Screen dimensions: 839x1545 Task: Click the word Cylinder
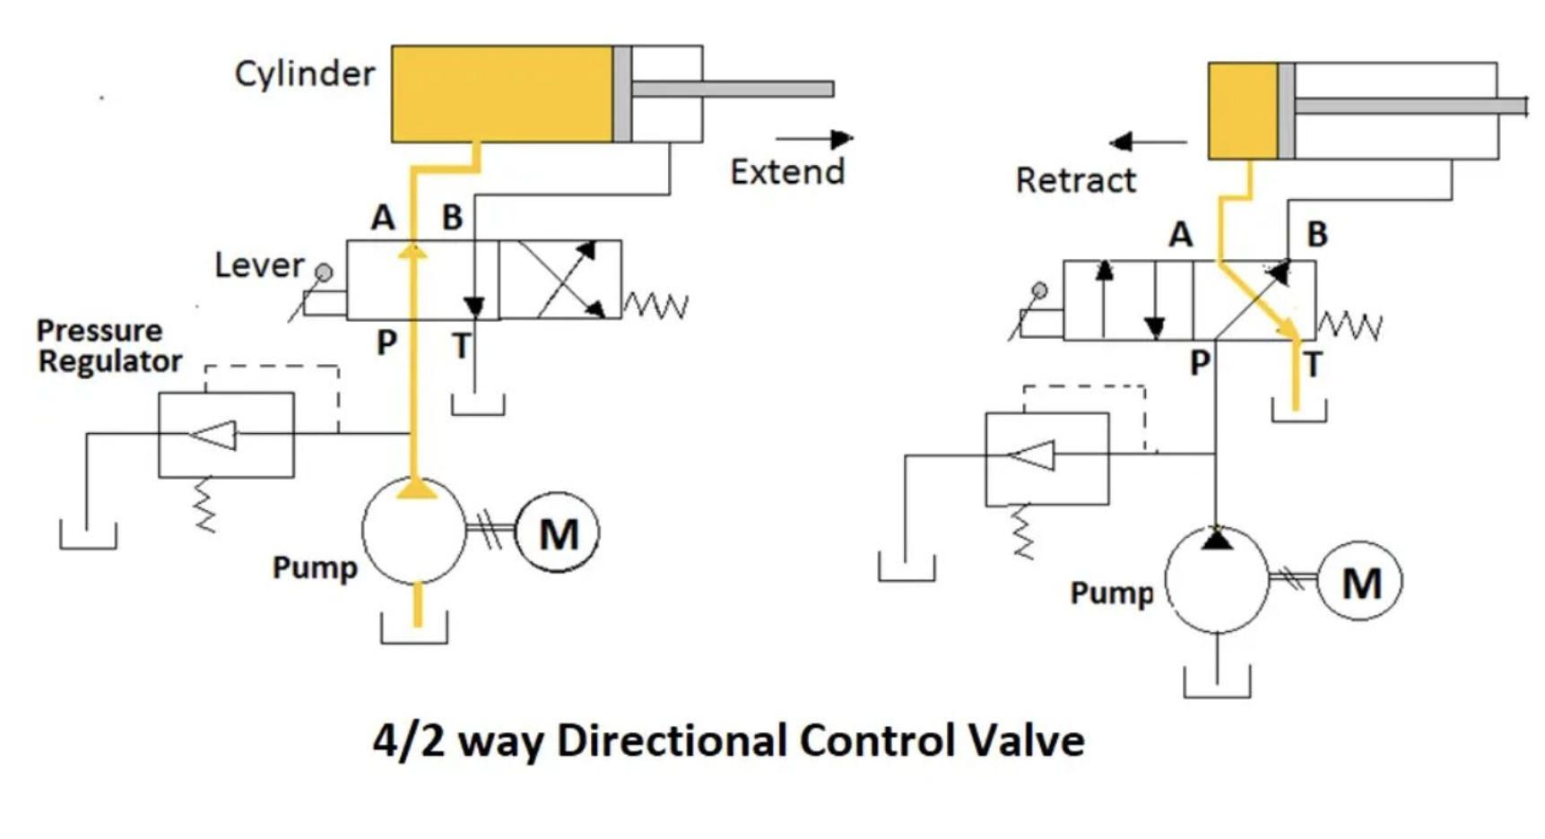pos(304,74)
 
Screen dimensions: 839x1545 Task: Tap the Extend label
pos(787,171)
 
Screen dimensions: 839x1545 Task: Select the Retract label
pos(1075,180)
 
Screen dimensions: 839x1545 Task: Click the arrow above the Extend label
pos(814,139)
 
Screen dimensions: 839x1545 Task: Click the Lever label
pos(259,265)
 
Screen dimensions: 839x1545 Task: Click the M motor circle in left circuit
pos(558,533)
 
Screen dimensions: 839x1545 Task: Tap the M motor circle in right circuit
pos(1360,583)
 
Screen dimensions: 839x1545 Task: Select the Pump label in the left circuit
pos(315,567)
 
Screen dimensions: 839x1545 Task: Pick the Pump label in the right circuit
pos(1112,592)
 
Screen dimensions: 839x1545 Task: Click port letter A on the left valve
pos(383,218)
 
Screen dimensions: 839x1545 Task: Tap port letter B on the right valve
pos(1316,235)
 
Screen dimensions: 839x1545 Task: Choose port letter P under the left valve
pos(386,342)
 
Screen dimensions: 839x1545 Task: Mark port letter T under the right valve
pos(1313,365)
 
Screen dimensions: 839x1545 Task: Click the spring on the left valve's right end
pos(655,307)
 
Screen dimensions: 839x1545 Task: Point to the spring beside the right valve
pos(1350,326)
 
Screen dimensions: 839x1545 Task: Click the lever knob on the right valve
pos(1039,290)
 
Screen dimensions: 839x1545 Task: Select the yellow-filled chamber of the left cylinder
pos(502,94)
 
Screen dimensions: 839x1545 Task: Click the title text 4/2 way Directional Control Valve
pos(728,741)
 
